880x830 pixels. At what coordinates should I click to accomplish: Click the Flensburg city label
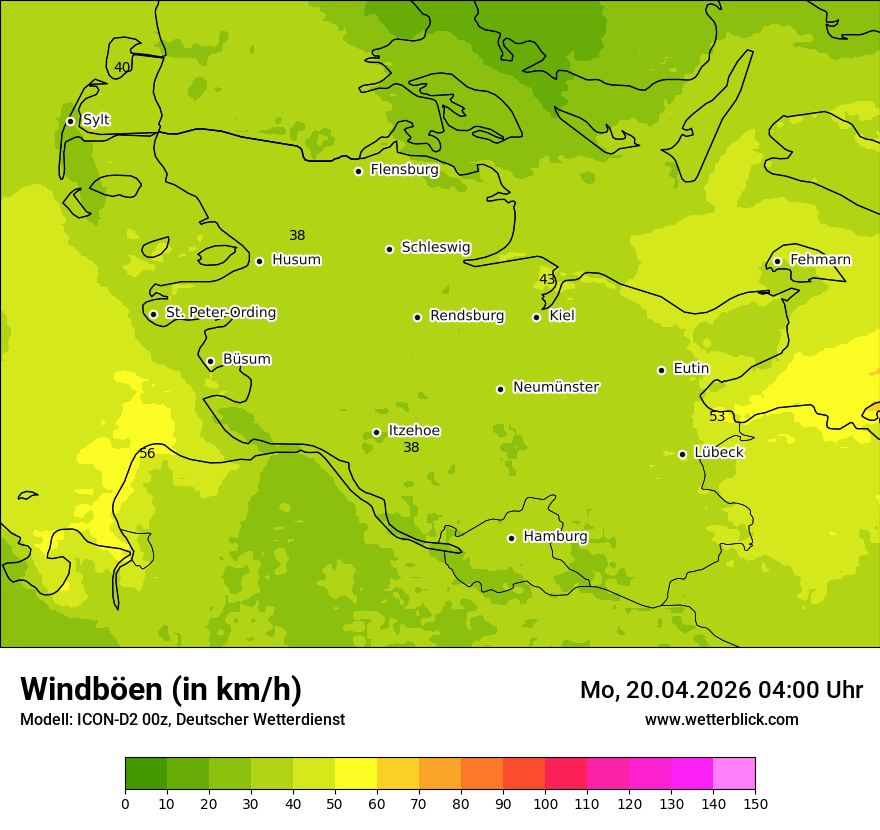[x=404, y=170]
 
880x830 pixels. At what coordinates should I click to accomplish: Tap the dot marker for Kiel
[x=536, y=317]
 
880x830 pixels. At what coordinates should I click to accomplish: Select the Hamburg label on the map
[x=555, y=537]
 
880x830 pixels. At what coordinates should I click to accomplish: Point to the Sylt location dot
[x=70, y=121]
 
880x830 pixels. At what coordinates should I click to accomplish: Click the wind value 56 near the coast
[x=147, y=454]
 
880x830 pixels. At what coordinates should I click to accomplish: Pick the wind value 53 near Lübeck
[x=717, y=417]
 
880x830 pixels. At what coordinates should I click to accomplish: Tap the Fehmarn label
[x=820, y=260]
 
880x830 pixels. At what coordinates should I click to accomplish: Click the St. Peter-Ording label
[x=220, y=313]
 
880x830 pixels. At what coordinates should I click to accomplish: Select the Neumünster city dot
[x=500, y=389]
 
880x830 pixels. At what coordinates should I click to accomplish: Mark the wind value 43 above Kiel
[x=547, y=280]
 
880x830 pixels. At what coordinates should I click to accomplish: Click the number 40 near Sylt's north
[x=122, y=68]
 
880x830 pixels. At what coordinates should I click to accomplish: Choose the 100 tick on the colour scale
[x=545, y=803]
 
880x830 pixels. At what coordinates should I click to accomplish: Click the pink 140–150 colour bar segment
[x=734, y=774]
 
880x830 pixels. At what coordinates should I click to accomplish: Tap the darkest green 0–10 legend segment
[x=146, y=774]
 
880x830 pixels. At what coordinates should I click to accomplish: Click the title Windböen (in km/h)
[x=161, y=689]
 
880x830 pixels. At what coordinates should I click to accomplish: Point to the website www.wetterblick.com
[x=721, y=720]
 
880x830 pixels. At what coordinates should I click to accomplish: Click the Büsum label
[x=246, y=359]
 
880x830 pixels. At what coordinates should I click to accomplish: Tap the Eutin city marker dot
[x=661, y=370]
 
